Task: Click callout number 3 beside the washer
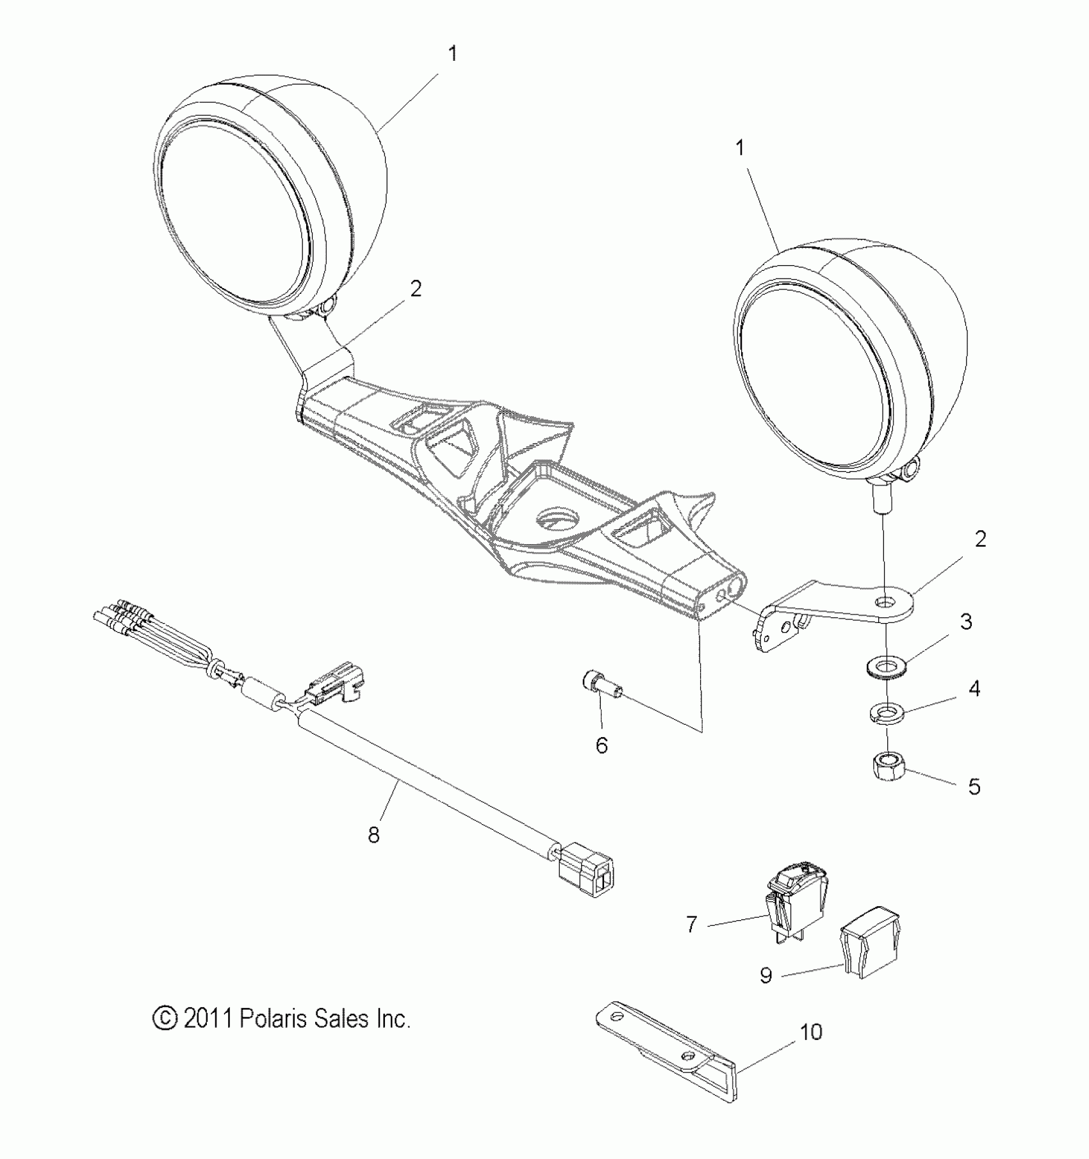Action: click(x=965, y=621)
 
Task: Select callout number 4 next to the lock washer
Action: click(x=974, y=689)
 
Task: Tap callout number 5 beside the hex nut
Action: click(x=974, y=786)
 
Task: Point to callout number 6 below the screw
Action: click(x=602, y=745)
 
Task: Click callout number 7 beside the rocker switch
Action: click(x=691, y=925)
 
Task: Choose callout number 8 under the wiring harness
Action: click(x=373, y=835)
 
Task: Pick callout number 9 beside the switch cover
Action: click(x=766, y=975)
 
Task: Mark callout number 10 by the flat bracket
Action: click(x=811, y=1032)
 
